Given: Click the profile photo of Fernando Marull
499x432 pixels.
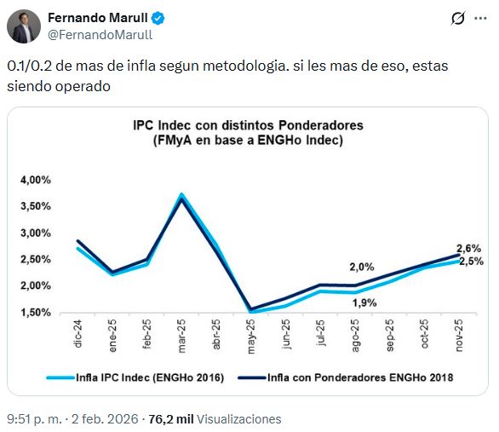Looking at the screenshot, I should (24, 26).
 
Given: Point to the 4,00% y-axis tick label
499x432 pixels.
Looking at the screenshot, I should (35, 180).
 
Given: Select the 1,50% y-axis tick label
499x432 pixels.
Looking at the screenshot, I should (35, 312).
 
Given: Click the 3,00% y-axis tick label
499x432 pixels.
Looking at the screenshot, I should (35, 233).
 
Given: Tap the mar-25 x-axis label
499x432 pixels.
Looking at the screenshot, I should (181, 333).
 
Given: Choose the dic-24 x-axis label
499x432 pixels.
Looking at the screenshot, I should (78, 332).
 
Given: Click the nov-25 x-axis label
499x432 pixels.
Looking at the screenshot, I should (459, 333).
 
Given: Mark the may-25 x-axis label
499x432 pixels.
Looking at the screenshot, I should (250, 333).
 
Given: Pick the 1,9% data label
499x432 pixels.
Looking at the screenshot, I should (364, 302).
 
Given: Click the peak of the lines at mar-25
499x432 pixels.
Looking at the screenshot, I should (181, 197).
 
